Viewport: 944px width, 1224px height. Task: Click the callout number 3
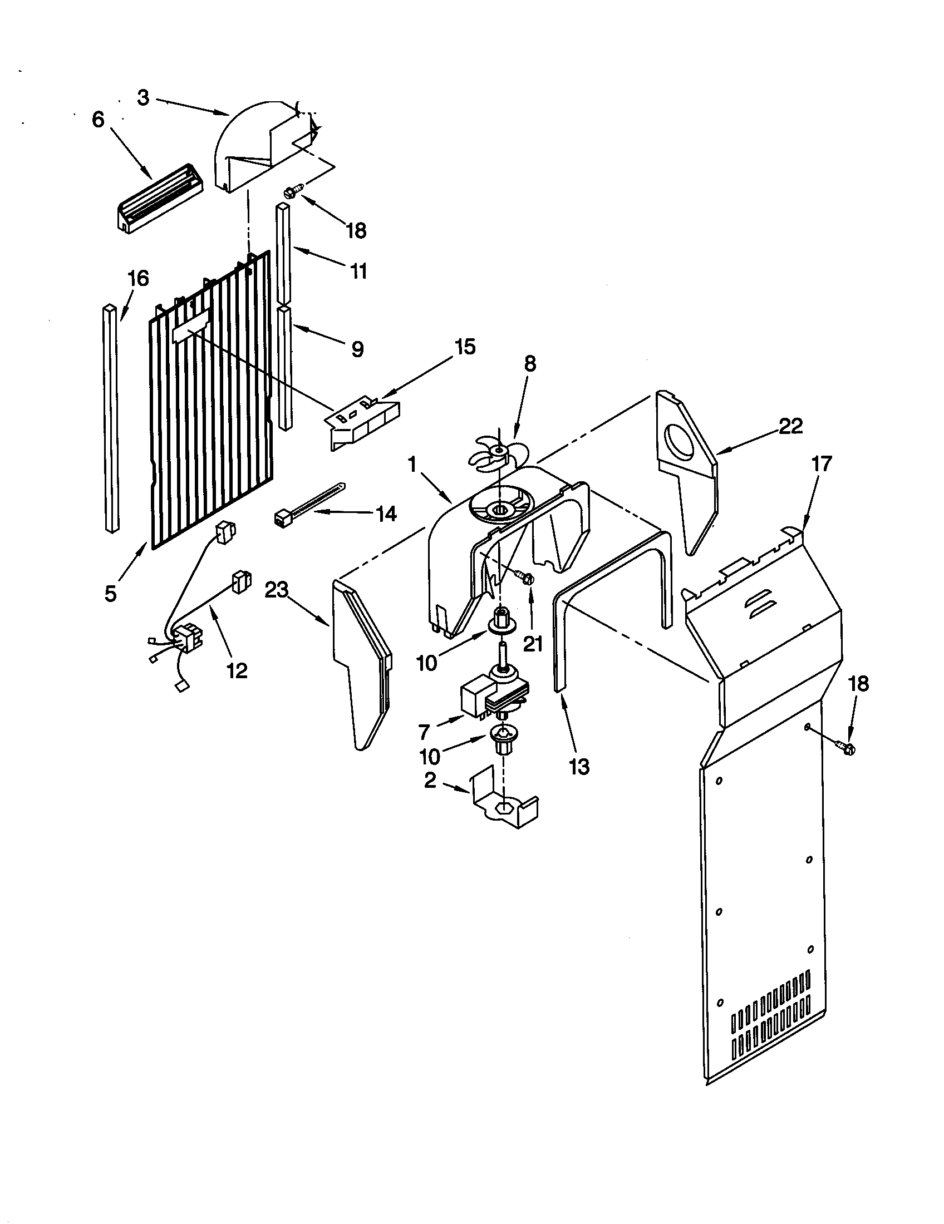[144, 98]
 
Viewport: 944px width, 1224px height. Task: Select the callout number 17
[822, 465]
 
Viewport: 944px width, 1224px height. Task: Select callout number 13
[579, 767]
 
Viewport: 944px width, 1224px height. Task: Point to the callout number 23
[278, 590]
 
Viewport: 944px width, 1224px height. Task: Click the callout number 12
[237, 670]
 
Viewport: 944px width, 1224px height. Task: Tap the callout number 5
[110, 593]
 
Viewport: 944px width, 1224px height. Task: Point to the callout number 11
[359, 272]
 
